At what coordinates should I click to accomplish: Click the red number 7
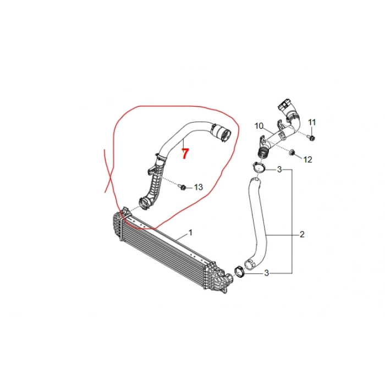[185, 153]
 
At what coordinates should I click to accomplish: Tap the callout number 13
[199, 188]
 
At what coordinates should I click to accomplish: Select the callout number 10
[259, 126]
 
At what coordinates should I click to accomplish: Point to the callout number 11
[312, 122]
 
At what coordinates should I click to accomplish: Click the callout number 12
[307, 159]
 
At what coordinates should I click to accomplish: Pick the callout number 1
[190, 232]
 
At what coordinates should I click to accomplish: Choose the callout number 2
[302, 234]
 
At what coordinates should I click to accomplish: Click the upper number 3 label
[279, 169]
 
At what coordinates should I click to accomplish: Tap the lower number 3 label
[267, 273]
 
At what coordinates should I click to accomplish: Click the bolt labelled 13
[182, 187]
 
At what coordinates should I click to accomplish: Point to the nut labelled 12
[291, 152]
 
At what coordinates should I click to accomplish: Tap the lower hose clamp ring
[239, 272]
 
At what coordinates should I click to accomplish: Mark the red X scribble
[108, 170]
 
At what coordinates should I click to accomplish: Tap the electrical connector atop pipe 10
[284, 105]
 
